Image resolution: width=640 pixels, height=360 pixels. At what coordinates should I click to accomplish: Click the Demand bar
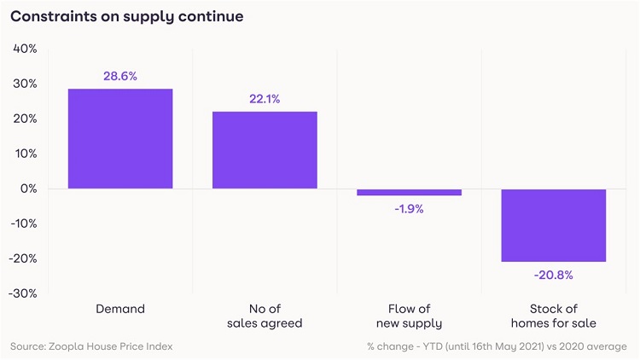[120, 138]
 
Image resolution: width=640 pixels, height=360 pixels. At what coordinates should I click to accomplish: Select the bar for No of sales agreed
[265, 150]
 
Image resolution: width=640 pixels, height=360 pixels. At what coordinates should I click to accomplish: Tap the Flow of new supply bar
[409, 192]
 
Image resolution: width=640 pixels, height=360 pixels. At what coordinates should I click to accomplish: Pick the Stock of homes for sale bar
[553, 225]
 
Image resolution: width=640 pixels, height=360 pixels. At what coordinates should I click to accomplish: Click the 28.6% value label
[120, 76]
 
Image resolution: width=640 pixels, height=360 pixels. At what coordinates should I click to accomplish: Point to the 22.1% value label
[265, 99]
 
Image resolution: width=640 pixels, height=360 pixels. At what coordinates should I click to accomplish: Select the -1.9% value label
[409, 209]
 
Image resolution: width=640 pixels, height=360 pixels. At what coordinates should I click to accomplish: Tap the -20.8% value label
[553, 275]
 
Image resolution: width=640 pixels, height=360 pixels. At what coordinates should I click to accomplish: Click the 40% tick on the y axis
[26, 49]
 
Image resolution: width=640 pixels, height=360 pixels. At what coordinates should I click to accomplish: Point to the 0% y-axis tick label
[29, 189]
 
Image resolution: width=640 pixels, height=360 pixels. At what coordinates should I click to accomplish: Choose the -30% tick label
[24, 293]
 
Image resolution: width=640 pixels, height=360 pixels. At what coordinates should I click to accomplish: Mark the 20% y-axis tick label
[26, 119]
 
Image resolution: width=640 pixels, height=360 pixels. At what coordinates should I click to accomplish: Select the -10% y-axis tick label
[24, 224]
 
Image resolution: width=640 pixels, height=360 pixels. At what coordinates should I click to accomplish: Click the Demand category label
[120, 308]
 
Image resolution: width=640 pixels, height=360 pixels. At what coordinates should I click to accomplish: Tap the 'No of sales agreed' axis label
[265, 316]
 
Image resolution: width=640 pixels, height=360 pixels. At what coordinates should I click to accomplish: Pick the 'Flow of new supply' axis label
[409, 316]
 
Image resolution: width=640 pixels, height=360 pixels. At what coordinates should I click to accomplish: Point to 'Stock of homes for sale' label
[553, 316]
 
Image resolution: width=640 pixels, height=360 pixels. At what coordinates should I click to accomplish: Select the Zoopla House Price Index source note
[90, 346]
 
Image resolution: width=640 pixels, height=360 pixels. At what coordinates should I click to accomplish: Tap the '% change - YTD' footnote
[497, 346]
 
